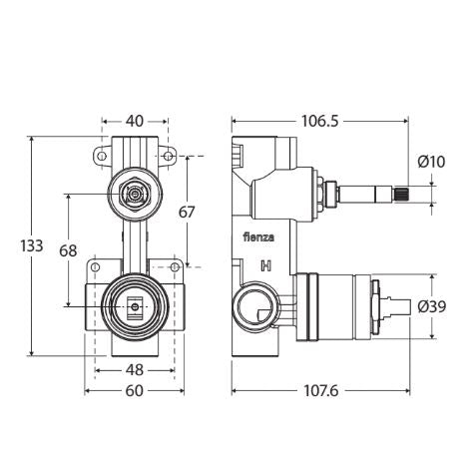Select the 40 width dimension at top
click(134, 121)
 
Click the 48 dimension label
click(135, 369)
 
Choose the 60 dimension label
click(135, 390)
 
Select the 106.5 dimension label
click(319, 121)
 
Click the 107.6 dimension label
click(319, 390)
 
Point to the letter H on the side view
click(265, 265)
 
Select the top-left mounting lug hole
click(101, 157)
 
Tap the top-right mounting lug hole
click(169, 157)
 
